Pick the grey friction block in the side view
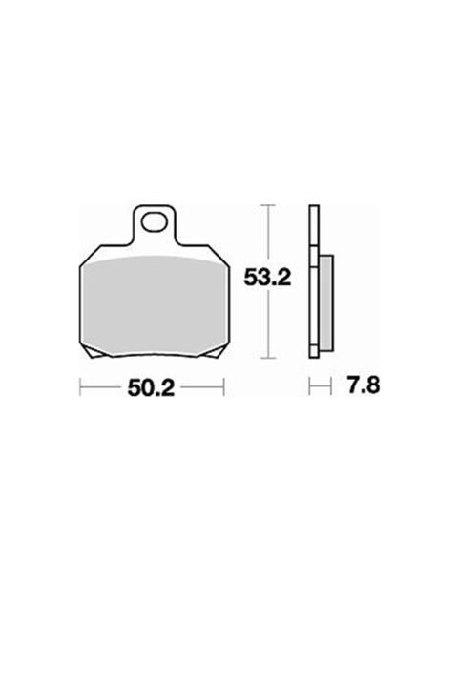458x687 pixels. pyautogui.click(x=326, y=303)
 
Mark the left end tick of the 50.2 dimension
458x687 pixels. pyautogui.click(x=80, y=387)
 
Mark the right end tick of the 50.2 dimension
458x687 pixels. pyautogui.click(x=223, y=387)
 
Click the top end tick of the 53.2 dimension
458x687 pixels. pyautogui.click(x=273, y=206)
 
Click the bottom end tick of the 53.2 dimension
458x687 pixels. pyautogui.click(x=273, y=358)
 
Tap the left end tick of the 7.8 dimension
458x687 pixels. pyautogui.click(x=310, y=387)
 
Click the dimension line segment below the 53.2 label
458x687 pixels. pyautogui.click(x=273, y=324)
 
